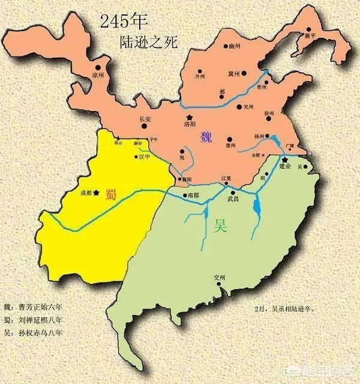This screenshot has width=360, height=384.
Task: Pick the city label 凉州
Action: click(x=98, y=75)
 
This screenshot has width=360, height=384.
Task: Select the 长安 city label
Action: click(x=146, y=119)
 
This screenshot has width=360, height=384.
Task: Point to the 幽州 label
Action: click(x=234, y=45)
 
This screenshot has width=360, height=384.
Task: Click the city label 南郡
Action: click(x=193, y=196)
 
